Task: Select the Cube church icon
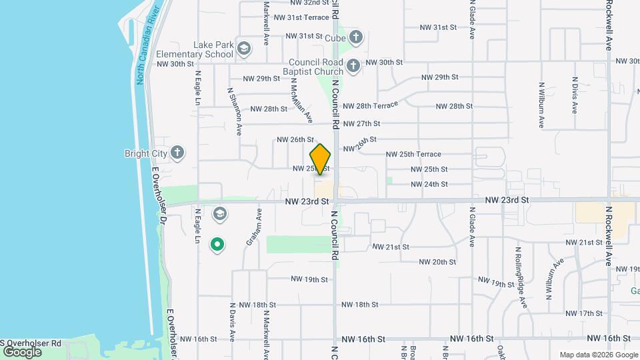click(x=356, y=37)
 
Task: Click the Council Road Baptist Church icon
click(x=353, y=65)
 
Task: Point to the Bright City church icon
click(x=177, y=153)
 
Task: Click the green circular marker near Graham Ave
click(x=217, y=245)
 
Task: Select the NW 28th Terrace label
click(x=370, y=106)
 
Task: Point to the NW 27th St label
click(x=361, y=123)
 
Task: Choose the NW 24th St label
click(x=429, y=184)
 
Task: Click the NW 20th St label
click(x=434, y=262)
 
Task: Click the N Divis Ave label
click(x=574, y=95)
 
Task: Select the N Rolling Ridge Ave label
click(x=520, y=277)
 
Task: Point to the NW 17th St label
click(x=583, y=313)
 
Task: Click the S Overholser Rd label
click(x=31, y=343)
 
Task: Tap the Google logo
click(x=21, y=351)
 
